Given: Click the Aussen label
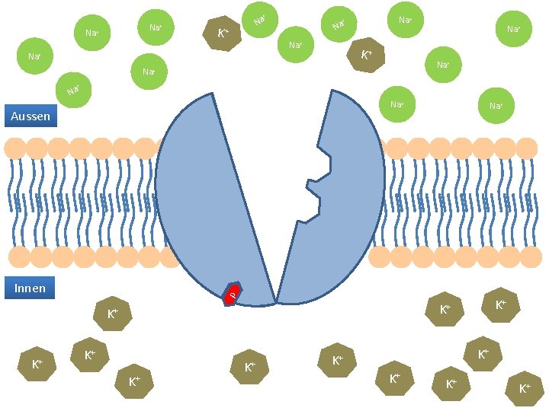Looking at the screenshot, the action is click(30, 116).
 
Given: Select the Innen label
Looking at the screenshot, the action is click(30, 288).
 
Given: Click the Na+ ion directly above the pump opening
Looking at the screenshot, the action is click(295, 46).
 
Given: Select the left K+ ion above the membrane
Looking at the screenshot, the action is click(223, 33).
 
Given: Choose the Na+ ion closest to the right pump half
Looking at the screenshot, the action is click(396, 104).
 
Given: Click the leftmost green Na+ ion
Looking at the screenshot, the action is click(34, 56).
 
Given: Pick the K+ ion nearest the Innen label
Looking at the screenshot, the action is click(112, 313).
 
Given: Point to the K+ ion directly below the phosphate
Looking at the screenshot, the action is click(249, 367).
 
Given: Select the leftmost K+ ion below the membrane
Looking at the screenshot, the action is click(37, 365).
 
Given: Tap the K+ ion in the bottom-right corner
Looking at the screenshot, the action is click(525, 388).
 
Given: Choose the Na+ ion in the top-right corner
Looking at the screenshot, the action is click(513, 30).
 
